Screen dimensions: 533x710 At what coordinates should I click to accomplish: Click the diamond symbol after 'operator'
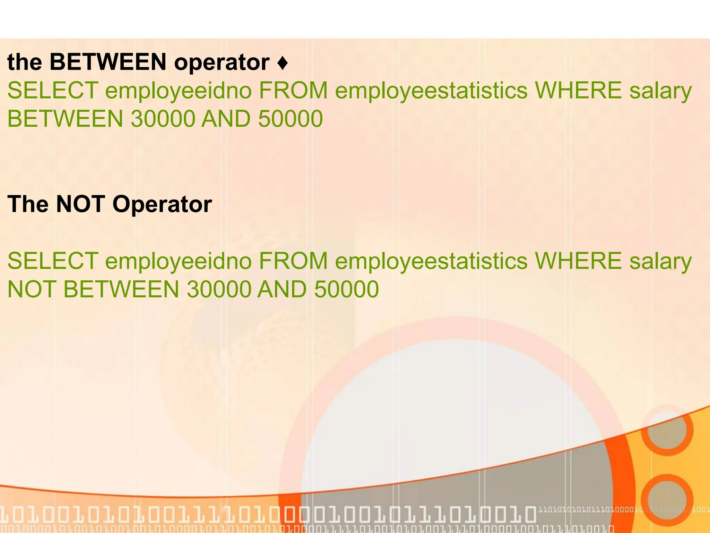pyautogui.click(x=283, y=63)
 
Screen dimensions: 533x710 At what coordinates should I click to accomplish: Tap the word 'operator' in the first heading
pyautogui.click(x=222, y=63)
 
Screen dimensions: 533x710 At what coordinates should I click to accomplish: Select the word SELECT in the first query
pyautogui.click(x=52, y=90)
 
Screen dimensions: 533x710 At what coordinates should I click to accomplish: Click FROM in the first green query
pyautogui.click(x=293, y=90)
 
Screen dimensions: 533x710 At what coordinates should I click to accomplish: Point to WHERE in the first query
pyautogui.click(x=578, y=90)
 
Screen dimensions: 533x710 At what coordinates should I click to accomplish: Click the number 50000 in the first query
pyautogui.click(x=291, y=119)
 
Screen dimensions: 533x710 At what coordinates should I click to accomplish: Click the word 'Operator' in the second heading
pyautogui.click(x=162, y=205)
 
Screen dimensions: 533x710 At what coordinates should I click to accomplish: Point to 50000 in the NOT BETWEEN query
pyautogui.click(x=346, y=289)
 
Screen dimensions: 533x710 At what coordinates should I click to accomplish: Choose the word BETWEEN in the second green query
pyautogui.click(x=121, y=289)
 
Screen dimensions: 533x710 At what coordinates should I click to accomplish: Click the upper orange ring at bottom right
pyautogui.click(x=667, y=430)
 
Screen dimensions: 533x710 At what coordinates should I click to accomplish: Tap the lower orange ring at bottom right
pyautogui.click(x=667, y=500)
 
